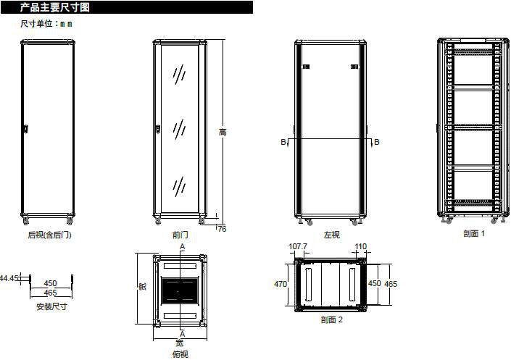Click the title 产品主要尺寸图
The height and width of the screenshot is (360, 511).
55,7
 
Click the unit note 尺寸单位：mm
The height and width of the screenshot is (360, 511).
46,24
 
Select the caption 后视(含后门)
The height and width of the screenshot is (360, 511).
49,235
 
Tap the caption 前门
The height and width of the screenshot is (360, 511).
180,235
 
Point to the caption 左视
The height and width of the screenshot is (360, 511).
332,235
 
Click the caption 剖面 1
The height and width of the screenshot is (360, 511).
474,233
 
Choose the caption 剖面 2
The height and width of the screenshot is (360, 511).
332,319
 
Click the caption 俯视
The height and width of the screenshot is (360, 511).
180,354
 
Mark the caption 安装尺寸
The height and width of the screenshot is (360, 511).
51,306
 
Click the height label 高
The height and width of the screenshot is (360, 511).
223,132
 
